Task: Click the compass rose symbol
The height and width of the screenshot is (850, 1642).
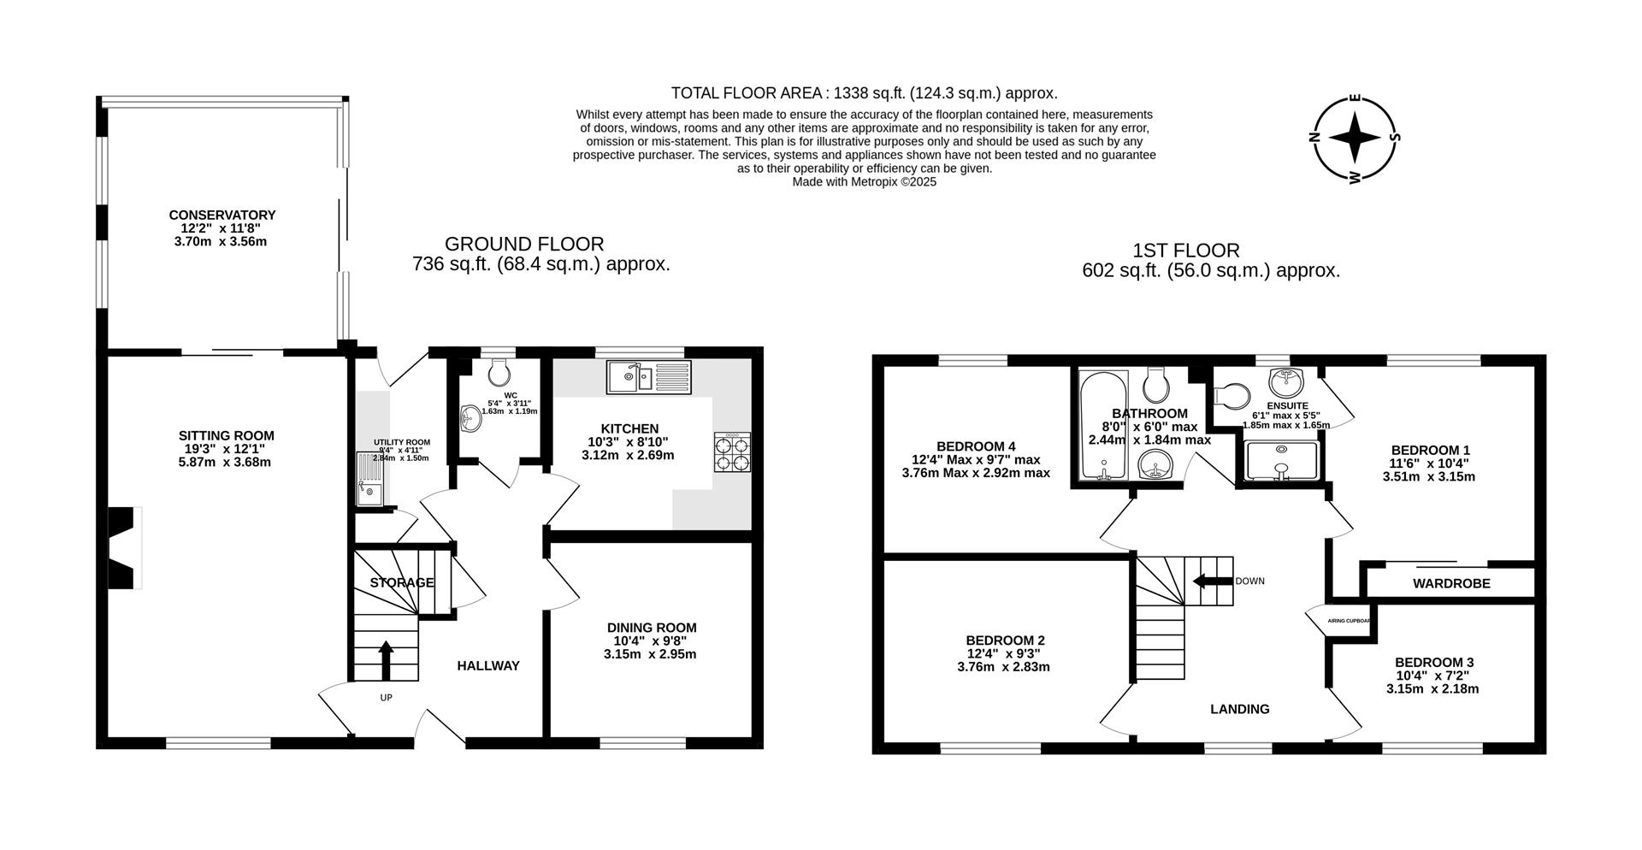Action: (1355, 139)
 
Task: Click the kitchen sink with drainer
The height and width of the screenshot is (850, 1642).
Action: (649, 376)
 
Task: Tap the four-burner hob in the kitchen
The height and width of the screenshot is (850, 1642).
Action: (732, 452)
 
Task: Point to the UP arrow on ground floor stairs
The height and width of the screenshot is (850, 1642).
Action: (386, 659)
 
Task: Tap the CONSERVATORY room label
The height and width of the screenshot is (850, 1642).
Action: (221, 215)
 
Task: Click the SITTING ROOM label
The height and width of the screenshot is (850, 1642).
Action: (226, 436)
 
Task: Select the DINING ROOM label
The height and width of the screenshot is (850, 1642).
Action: (652, 628)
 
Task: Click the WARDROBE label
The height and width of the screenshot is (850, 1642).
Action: (1450, 584)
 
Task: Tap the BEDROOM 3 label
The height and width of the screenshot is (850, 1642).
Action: (1433, 663)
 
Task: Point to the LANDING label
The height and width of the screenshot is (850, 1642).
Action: (1239, 709)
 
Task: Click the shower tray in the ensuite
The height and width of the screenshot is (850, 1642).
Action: (1280, 461)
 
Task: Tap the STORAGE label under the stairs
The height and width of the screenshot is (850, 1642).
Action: (401, 583)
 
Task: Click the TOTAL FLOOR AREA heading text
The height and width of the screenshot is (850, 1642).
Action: (864, 93)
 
